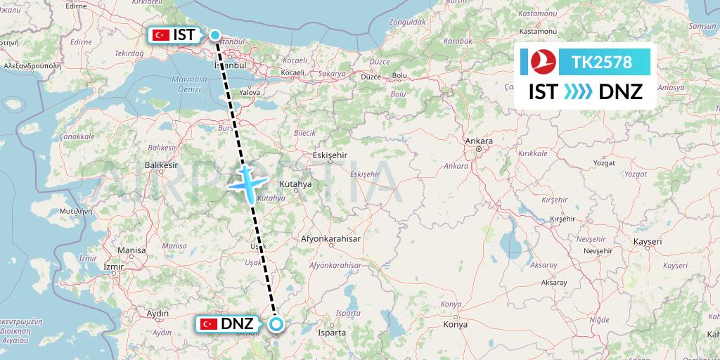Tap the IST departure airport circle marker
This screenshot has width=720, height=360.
point(215,34)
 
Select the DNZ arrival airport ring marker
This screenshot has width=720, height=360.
point(276,324)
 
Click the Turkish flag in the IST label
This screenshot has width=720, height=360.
point(159,34)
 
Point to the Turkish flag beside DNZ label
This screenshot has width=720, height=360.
point(208,324)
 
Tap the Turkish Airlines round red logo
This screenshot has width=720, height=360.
point(540,63)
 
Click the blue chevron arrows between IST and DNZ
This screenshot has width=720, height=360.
point(578,91)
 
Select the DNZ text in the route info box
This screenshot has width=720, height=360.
point(620,91)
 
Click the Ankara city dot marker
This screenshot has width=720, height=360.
point(478,149)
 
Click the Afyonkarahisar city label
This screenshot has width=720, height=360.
point(330,239)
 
